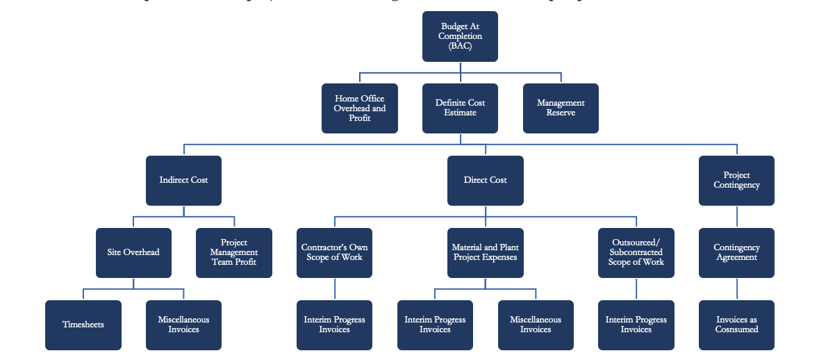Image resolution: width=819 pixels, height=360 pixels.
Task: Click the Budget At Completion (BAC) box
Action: (x=460, y=36)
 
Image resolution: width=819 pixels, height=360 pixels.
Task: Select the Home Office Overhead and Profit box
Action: (x=359, y=108)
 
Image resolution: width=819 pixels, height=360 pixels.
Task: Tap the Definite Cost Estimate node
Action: (x=460, y=108)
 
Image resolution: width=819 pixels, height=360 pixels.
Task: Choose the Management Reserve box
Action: (x=561, y=108)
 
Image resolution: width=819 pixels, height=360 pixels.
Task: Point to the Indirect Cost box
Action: (x=183, y=180)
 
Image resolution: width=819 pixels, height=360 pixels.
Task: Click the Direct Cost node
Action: (x=485, y=180)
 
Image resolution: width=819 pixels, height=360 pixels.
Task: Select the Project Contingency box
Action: (x=736, y=180)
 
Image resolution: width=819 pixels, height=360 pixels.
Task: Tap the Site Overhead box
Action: (x=133, y=252)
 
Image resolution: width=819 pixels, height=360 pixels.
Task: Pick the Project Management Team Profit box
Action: (x=234, y=252)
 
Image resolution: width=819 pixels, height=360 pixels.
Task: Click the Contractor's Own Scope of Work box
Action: (x=334, y=252)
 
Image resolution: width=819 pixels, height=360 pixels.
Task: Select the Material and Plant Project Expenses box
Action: (x=485, y=252)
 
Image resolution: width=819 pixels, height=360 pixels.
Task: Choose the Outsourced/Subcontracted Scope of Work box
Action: (x=636, y=252)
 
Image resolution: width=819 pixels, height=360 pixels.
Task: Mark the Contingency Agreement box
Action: (x=736, y=252)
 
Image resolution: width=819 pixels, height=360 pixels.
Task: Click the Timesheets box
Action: (x=83, y=325)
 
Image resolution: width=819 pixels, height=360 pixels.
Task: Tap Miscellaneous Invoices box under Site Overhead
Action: (x=183, y=325)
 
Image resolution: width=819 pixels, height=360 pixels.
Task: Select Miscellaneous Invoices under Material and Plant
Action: (x=536, y=325)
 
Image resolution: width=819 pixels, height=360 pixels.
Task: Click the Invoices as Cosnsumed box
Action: (x=736, y=325)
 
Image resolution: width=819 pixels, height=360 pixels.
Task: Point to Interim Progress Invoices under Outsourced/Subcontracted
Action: (x=636, y=325)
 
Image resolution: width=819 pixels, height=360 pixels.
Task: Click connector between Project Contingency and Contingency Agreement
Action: (x=736, y=216)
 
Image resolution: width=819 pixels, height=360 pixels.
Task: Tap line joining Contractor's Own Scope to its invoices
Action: (x=335, y=288)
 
